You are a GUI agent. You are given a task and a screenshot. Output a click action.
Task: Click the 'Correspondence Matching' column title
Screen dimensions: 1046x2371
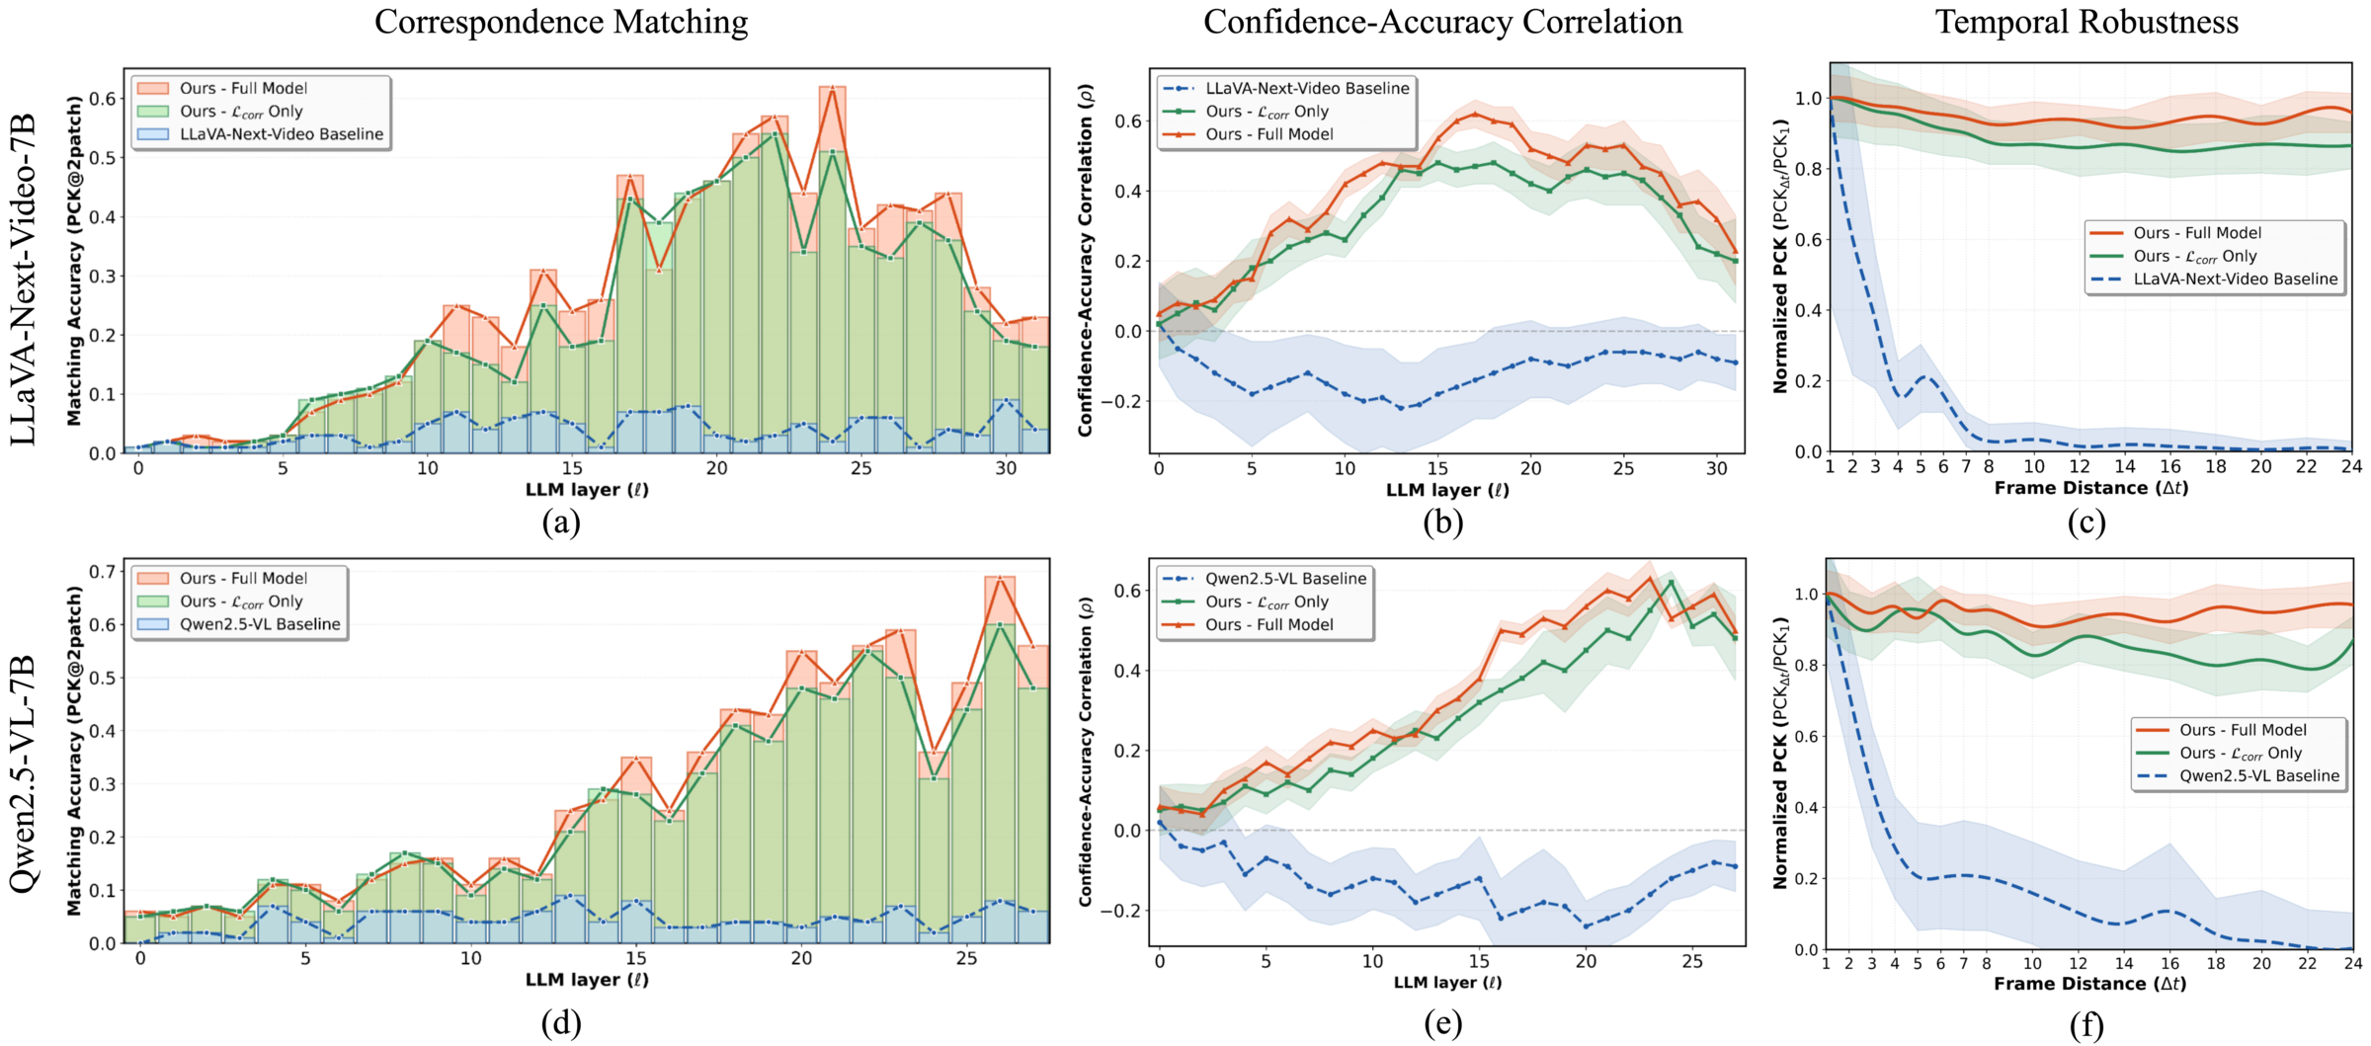(560, 22)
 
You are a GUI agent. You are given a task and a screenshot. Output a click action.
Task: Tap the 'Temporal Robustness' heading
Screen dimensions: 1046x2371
(2085, 22)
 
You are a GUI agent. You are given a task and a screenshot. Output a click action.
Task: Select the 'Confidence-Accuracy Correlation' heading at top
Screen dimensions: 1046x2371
(1442, 22)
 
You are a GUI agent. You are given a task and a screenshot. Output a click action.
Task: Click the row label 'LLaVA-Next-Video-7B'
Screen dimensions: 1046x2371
(24, 280)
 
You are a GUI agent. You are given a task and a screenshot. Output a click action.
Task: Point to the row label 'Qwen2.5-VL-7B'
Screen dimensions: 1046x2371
(24, 773)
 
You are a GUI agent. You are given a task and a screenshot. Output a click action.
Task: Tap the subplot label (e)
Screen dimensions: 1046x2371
(1442, 1024)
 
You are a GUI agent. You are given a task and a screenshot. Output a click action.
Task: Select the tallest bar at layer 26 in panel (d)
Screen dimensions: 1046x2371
(1000, 761)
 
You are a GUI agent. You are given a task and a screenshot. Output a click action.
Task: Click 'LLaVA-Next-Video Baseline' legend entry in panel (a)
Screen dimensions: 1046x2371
(281, 134)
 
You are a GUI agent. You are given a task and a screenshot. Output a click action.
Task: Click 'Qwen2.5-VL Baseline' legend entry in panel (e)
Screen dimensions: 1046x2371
(1285, 579)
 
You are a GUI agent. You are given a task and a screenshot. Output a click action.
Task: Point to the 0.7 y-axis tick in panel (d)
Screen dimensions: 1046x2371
(103, 571)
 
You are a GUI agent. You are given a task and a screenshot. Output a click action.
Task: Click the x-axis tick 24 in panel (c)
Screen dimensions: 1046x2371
(2351, 466)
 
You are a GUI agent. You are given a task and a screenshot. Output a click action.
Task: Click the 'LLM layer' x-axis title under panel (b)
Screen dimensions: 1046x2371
(1447, 490)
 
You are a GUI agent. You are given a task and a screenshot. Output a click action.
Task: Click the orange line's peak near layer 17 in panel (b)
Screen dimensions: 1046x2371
(1475, 114)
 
